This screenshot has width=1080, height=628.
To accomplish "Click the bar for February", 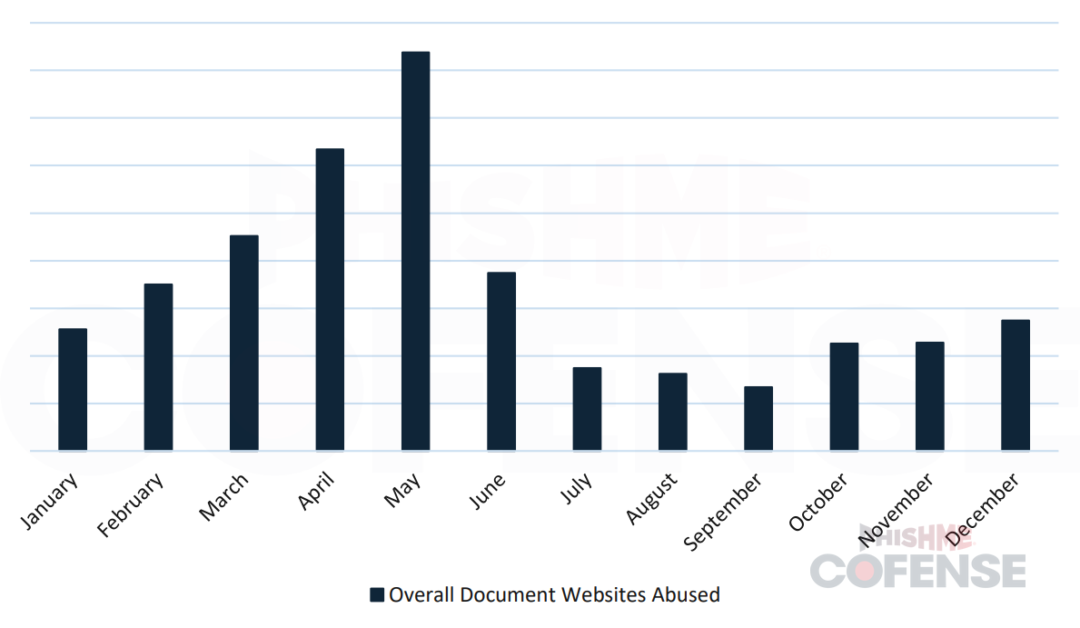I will [158, 367].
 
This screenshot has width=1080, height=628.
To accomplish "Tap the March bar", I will [244, 343].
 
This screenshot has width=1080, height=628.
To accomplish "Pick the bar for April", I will [330, 299].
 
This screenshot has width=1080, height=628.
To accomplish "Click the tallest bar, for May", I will [415, 251].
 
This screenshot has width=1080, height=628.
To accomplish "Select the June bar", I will [501, 361].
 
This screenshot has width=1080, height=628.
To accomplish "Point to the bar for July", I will [587, 409].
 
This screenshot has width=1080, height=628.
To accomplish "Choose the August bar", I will [673, 412].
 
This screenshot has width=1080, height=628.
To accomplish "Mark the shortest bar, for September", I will [758, 418].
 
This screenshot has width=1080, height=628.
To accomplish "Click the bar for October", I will [844, 396].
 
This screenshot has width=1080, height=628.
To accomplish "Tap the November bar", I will [930, 396].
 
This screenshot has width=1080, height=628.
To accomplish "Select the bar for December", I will [1016, 385].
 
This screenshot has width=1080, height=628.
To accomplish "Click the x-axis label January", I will [51, 501].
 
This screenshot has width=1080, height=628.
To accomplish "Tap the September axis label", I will [724, 512].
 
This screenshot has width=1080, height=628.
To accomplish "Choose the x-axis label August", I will [652, 498].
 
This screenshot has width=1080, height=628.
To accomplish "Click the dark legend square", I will [377, 595].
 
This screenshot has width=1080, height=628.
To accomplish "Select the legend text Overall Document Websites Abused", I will [554, 595].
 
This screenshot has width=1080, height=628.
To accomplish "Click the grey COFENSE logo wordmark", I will [917, 571].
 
